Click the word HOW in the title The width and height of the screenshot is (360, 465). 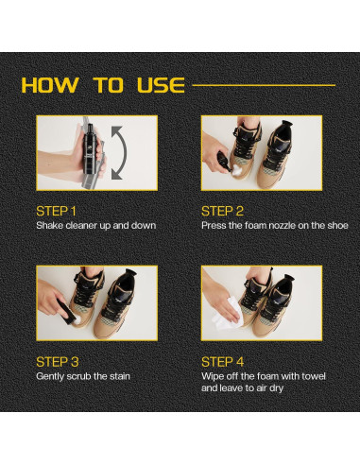coord(50,85)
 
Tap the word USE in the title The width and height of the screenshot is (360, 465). coord(161,85)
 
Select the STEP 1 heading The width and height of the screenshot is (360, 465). coord(56,212)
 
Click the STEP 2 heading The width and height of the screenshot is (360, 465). coord(222,212)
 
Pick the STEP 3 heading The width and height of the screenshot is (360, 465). coord(58,362)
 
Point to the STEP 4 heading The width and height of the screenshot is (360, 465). coord(222,362)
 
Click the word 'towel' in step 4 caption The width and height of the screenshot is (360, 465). coord(314,376)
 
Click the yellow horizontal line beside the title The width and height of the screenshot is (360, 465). coord(264,85)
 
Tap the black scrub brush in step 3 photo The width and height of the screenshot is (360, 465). coord(66,310)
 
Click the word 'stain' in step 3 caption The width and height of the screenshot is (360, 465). coord(120,376)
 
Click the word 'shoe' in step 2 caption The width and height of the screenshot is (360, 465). coord(337,226)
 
